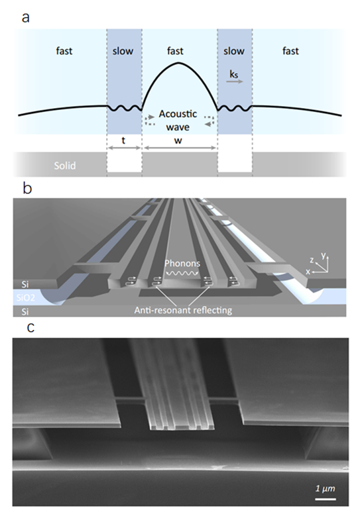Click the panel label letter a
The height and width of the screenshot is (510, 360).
pos(25,18)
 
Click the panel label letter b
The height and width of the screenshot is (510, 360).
pos(27,187)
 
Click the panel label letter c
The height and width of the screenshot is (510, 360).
pos(30,327)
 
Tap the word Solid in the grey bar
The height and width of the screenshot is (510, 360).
pos(65,166)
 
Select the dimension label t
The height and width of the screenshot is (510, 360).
pos(124,140)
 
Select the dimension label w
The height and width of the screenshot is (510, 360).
pos(178,141)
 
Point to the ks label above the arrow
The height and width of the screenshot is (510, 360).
pos(234,74)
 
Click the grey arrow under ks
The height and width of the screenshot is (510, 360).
pos(235,81)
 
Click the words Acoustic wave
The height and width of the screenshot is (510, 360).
pos(178,121)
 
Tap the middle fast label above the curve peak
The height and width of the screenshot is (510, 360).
pos(175,51)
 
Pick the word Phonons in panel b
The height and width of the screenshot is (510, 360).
pos(182,263)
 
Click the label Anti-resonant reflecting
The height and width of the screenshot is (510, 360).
pos(183,310)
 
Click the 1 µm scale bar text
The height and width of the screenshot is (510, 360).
pos(325,488)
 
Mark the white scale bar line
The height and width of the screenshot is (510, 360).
pos(325,499)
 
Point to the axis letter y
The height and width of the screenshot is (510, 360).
pos(324,255)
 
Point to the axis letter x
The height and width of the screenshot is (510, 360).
pos(308,272)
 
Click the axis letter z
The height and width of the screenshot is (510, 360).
pos(312,260)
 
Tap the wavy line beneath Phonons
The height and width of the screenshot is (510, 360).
pos(182,274)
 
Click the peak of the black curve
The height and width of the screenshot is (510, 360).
pos(178,62)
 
